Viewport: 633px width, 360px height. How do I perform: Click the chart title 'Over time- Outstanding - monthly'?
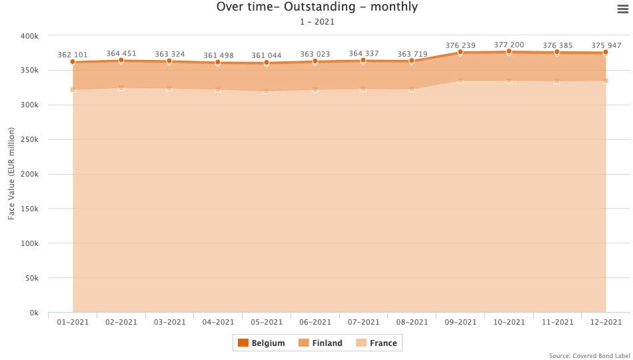(x=317, y=7)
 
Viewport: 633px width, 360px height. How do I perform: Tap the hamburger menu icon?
(x=623, y=8)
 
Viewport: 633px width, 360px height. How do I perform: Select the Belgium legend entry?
(x=261, y=343)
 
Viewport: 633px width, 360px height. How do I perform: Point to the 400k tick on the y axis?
(x=30, y=36)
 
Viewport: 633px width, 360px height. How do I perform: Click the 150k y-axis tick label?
(x=30, y=209)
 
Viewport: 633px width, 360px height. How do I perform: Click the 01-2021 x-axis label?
(x=73, y=322)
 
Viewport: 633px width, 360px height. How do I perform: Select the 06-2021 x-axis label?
(x=315, y=322)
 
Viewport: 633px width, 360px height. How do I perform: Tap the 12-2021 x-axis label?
(x=606, y=322)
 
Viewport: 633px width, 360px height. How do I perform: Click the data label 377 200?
(x=509, y=45)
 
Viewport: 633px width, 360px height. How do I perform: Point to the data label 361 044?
(x=267, y=55)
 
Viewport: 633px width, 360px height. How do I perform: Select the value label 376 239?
(x=460, y=45)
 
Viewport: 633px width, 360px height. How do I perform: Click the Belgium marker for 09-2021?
(x=460, y=52)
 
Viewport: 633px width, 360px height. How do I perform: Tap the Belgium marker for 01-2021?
(x=73, y=62)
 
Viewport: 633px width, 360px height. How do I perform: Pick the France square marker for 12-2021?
(x=606, y=81)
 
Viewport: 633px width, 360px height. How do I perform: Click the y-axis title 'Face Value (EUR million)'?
(x=11, y=174)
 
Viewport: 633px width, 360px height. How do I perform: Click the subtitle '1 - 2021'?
(x=317, y=22)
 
